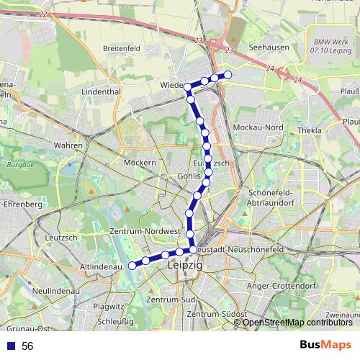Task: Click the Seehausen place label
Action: coord(264,48)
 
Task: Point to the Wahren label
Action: coord(68,145)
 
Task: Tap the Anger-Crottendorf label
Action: coord(283,286)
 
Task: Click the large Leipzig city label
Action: coord(185,265)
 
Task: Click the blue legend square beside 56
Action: coord(11,346)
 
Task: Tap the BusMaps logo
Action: coord(325,346)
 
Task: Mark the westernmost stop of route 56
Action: coord(132,265)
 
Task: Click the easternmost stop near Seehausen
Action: coord(228,75)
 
